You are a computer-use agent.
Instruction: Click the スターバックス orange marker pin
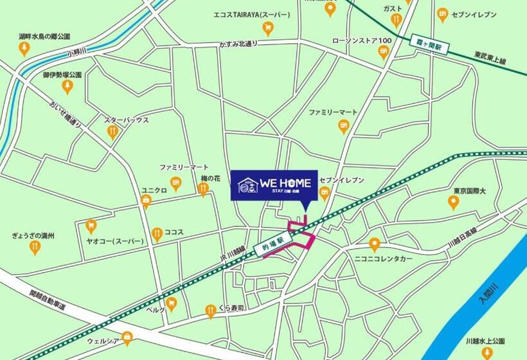(x=113, y=132)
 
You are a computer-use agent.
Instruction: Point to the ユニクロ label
(x=154, y=190)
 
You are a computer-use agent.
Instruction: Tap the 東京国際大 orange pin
(x=453, y=203)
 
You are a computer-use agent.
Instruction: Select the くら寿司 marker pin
(x=210, y=312)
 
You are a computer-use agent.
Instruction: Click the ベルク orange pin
(x=171, y=303)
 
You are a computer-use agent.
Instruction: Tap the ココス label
(x=174, y=232)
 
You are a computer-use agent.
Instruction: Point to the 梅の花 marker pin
(x=203, y=188)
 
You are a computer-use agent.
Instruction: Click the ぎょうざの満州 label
(x=33, y=236)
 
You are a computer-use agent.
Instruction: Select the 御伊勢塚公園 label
(x=62, y=75)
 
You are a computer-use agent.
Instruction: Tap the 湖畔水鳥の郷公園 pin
(x=24, y=49)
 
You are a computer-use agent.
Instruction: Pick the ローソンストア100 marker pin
(x=384, y=53)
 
